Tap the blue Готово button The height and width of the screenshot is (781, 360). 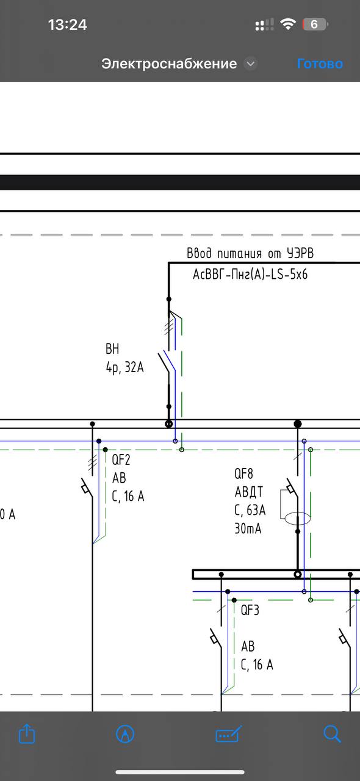tap(320, 64)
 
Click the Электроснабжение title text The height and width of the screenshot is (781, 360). tap(169, 64)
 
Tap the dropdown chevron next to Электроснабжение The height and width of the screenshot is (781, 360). tap(250, 64)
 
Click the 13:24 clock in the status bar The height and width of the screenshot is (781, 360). tap(67, 25)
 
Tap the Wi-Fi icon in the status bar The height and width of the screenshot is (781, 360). tap(288, 24)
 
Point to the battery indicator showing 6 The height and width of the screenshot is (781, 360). tap(315, 24)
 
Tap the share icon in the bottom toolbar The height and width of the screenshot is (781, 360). tap(27, 733)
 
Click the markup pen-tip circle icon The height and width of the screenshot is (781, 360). tap(125, 733)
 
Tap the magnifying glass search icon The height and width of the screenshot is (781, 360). tap(332, 733)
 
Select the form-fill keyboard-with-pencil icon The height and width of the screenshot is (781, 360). tap(228, 733)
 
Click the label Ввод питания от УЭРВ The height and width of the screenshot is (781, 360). tap(250, 253)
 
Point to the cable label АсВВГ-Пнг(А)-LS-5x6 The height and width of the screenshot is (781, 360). tap(250, 275)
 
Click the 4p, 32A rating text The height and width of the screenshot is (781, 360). tap(124, 367)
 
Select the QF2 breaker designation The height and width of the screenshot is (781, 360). tap(121, 460)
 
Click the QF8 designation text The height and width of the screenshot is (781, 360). tap(243, 473)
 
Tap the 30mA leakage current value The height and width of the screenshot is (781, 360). tap(248, 528)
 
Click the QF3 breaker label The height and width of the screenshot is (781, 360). tap(250, 610)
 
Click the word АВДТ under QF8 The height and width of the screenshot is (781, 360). tap(249, 492)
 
